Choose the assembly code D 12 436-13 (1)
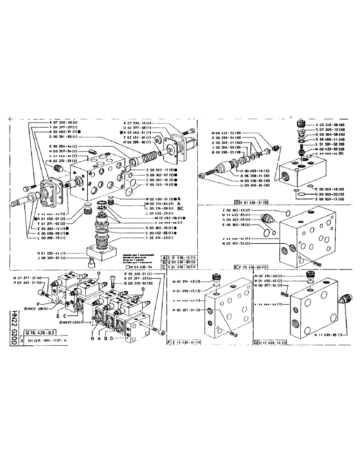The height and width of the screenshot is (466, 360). (x=275, y=343)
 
